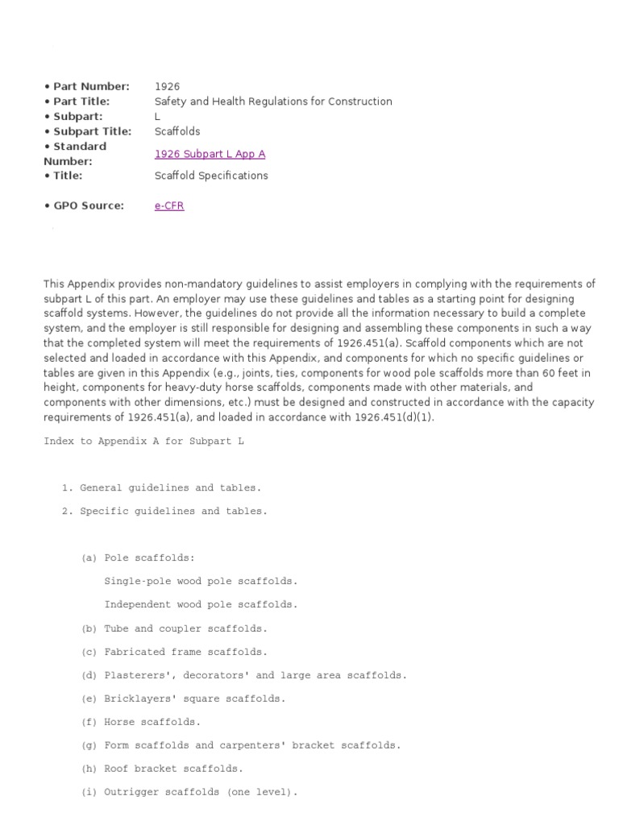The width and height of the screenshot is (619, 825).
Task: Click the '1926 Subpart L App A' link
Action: (x=210, y=154)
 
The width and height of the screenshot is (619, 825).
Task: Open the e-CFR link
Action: (x=169, y=205)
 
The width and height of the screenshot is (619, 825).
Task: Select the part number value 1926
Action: (x=167, y=86)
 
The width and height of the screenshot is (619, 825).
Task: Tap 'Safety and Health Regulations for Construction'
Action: (x=273, y=102)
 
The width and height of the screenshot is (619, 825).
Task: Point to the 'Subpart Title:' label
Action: (x=87, y=131)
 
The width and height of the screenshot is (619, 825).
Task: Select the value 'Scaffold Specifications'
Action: (x=211, y=176)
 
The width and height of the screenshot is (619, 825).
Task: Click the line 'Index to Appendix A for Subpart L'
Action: (x=143, y=442)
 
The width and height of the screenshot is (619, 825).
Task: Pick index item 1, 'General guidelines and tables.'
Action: (x=161, y=487)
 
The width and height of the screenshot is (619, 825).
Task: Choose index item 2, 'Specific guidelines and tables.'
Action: (x=164, y=511)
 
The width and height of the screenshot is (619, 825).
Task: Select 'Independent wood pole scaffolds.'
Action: (x=201, y=604)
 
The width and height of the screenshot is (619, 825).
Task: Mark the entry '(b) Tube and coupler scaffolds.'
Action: (x=174, y=628)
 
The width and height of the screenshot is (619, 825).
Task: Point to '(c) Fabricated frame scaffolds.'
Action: (x=174, y=652)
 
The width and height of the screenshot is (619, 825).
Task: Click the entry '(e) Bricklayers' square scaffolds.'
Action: (x=183, y=699)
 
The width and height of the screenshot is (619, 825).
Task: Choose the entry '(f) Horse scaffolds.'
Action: (x=141, y=722)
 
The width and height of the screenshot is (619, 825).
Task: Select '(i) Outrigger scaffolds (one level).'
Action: (x=189, y=792)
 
